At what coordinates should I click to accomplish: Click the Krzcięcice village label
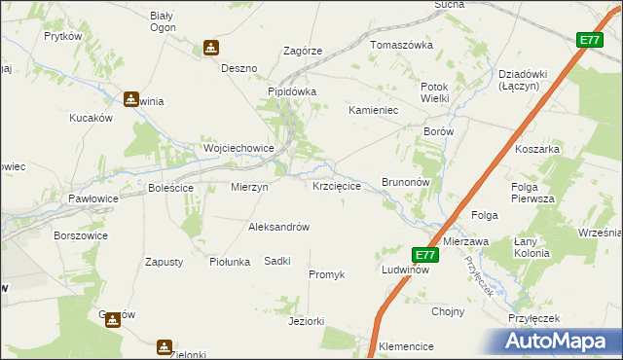coord(337,185)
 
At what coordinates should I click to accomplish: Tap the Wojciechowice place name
coord(238,148)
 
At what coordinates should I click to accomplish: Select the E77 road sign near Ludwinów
coord(424,255)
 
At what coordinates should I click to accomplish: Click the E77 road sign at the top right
coord(589,40)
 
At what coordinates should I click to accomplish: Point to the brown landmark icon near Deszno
coord(211,48)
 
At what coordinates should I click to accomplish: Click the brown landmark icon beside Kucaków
coord(131,98)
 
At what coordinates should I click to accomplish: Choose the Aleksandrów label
coord(278,227)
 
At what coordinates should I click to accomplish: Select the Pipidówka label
coord(293,91)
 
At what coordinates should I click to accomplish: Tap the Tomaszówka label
coord(400,45)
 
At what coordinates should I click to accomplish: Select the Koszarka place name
coord(536,149)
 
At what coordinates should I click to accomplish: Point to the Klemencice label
coord(406,345)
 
